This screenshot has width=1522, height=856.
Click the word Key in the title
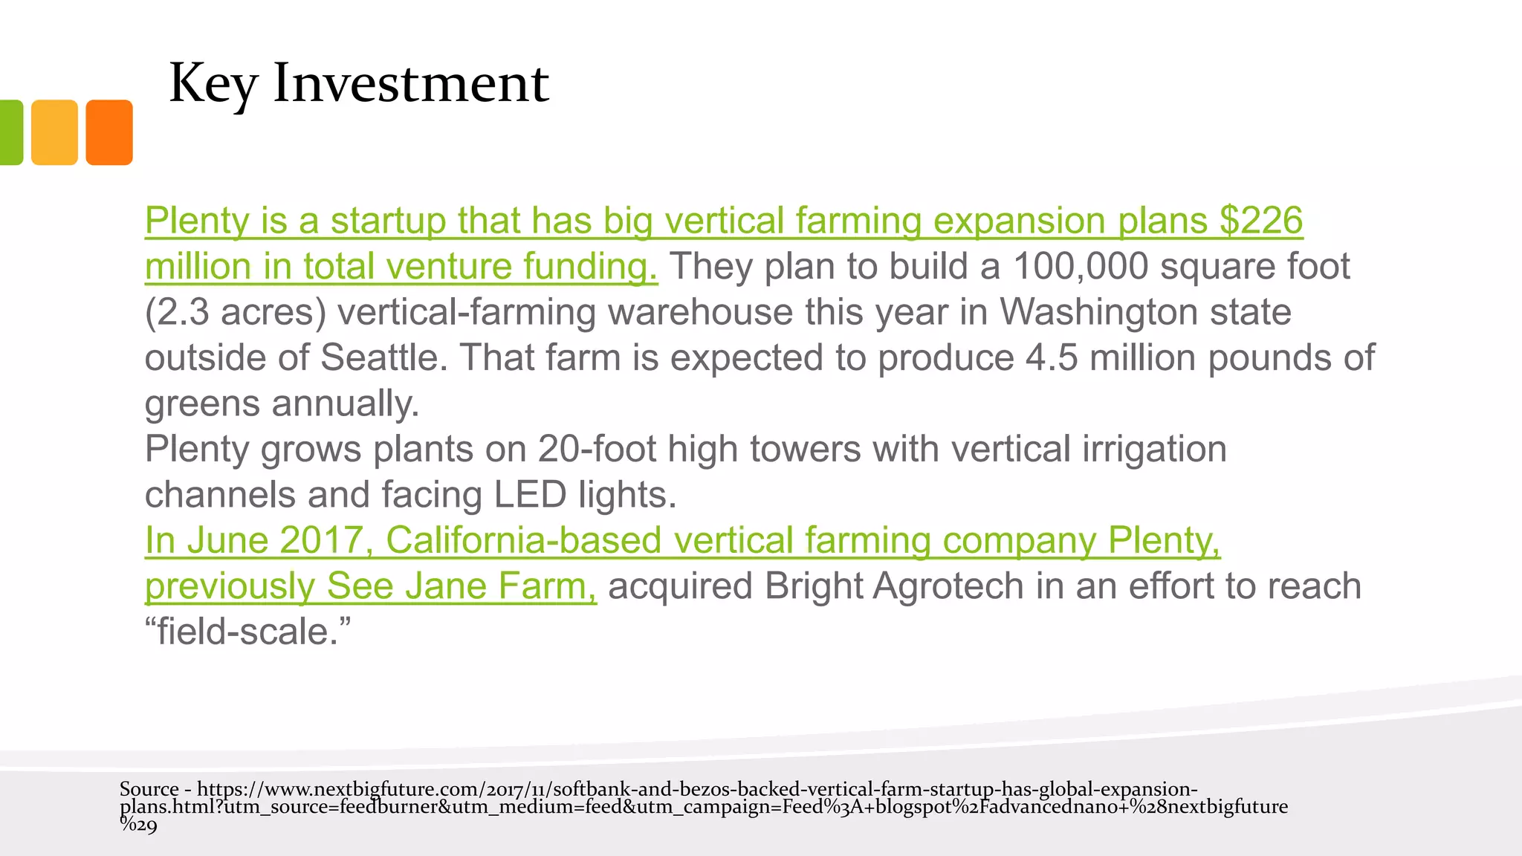[x=213, y=84]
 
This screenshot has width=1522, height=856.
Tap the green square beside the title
[x=10, y=132]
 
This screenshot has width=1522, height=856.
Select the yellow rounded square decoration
[x=54, y=132]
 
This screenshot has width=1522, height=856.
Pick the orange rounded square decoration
[x=109, y=132]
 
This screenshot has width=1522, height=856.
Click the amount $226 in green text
[x=1261, y=221]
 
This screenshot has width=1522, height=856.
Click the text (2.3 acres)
[x=236, y=312]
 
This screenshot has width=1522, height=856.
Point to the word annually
[x=346, y=403]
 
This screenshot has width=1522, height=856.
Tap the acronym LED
[x=530, y=495]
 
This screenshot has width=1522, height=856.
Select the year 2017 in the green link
[x=321, y=540]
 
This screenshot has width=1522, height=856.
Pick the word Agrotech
[x=948, y=586]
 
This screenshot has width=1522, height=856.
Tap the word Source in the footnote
[x=149, y=789]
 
